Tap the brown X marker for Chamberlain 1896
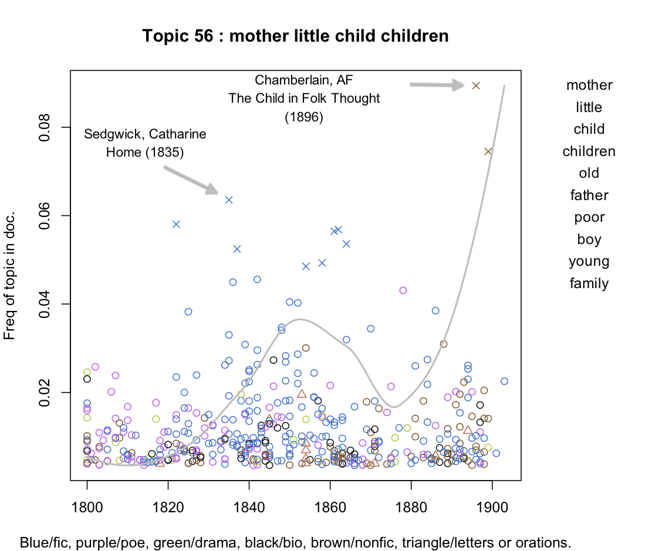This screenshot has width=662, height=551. (476, 86)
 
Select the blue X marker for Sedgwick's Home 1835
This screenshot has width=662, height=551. (229, 200)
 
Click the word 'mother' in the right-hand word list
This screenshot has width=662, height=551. (589, 85)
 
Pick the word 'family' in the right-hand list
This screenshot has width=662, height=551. (589, 283)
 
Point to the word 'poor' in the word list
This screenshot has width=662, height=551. (589, 217)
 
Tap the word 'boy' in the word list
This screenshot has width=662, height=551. (589, 239)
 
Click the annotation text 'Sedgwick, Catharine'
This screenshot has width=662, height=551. (145, 134)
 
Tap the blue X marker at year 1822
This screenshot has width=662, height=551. (176, 224)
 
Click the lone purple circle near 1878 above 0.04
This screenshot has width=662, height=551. (403, 290)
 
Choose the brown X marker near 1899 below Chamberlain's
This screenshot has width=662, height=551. (488, 151)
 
